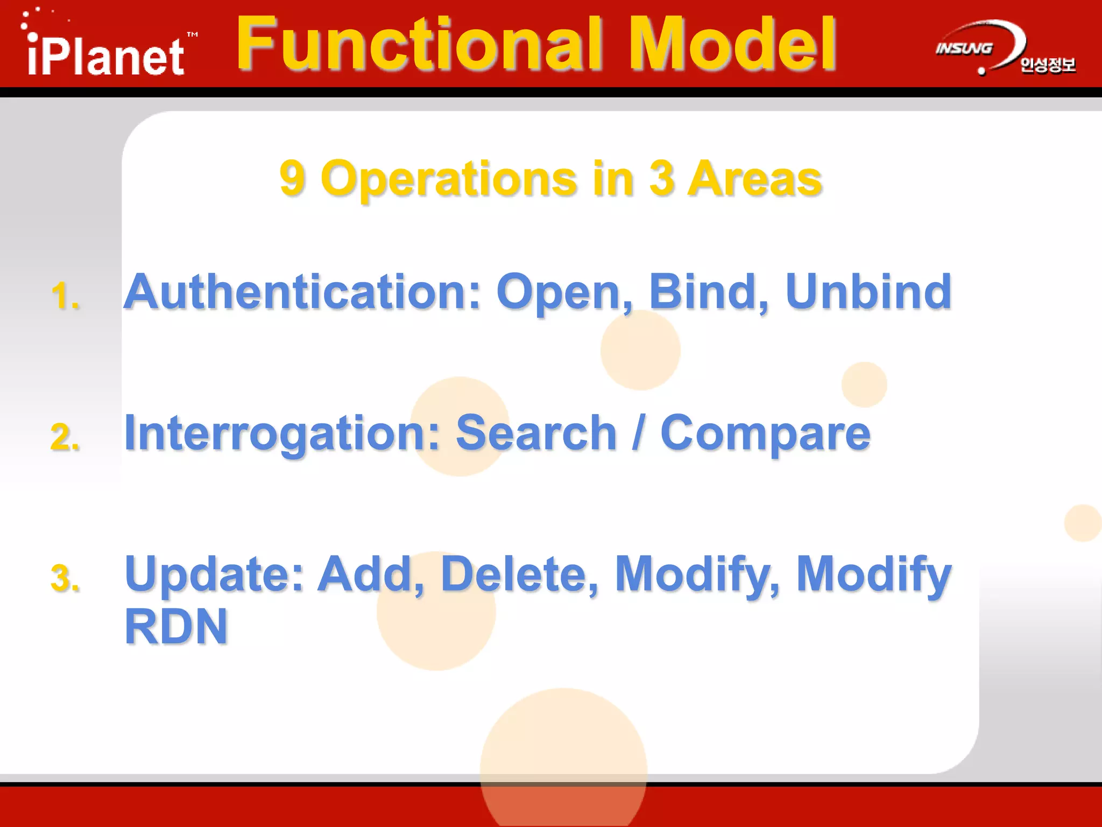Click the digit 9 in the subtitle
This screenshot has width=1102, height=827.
(x=293, y=179)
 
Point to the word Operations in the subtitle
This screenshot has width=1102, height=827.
(x=449, y=179)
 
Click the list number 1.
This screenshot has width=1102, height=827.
(x=65, y=296)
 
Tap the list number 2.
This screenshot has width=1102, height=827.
(x=65, y=437)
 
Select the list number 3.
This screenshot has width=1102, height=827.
(x=65, y=578)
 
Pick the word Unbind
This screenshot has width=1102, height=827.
(x=868, y=292)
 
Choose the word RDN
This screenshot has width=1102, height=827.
(x=176, y=627)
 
